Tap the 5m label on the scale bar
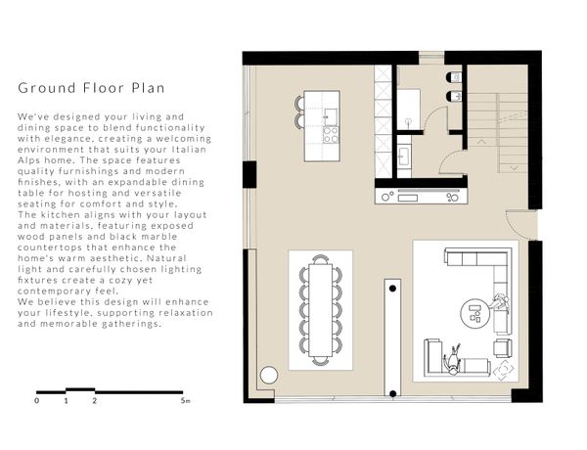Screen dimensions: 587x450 point(185,401)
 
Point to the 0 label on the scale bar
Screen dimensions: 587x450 point(37,401)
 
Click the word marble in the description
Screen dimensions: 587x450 point(155,237)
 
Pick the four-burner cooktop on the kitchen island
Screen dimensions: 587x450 point(331,135)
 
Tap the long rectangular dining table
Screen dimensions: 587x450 point(321,310)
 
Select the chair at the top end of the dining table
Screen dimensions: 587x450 point(321,259)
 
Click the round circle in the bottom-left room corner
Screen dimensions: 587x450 point(269,375)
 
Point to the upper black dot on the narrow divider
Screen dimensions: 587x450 point(392,289)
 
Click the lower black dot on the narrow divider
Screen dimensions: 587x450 point(392,393)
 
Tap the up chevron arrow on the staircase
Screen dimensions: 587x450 point(481,142)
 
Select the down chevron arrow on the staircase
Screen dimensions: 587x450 point(514,168)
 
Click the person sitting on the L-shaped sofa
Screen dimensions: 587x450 point(500,301)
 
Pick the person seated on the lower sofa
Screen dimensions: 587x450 point(453,361)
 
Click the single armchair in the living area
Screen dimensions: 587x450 point(503,348)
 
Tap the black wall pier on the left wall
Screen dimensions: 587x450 point(249,174)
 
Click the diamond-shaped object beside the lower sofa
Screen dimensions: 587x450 point(504,370)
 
